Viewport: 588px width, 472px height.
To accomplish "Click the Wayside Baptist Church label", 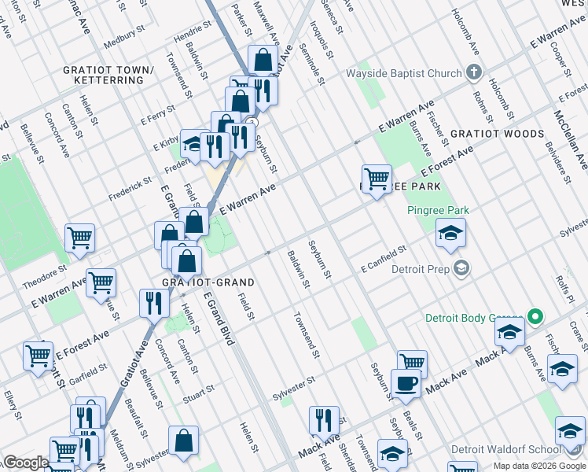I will [x=404, y=74].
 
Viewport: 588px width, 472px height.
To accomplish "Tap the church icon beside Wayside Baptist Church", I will [x=473, y=74].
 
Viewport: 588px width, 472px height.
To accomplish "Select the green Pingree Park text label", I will [x=438, y=210].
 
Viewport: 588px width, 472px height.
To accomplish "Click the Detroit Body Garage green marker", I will [x=535, y=318].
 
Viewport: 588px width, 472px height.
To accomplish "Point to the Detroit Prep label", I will [x=419, y=268].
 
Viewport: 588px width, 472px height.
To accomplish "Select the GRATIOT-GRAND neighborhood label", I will [x=197, y=282].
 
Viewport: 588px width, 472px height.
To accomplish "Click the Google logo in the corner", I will [x=25, y=463].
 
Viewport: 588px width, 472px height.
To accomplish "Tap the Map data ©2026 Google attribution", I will [x=538, y=466].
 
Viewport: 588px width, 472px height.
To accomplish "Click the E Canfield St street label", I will [x=384, y=259].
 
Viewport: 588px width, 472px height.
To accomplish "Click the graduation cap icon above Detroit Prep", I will [x=450, y=232].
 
